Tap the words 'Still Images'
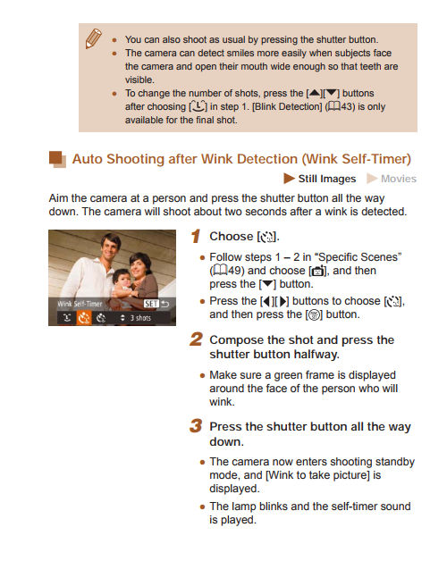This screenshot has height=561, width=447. [326, 179]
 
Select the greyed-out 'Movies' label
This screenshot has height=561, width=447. [398, 179]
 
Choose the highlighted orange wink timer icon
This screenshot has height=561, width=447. [84, 317]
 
